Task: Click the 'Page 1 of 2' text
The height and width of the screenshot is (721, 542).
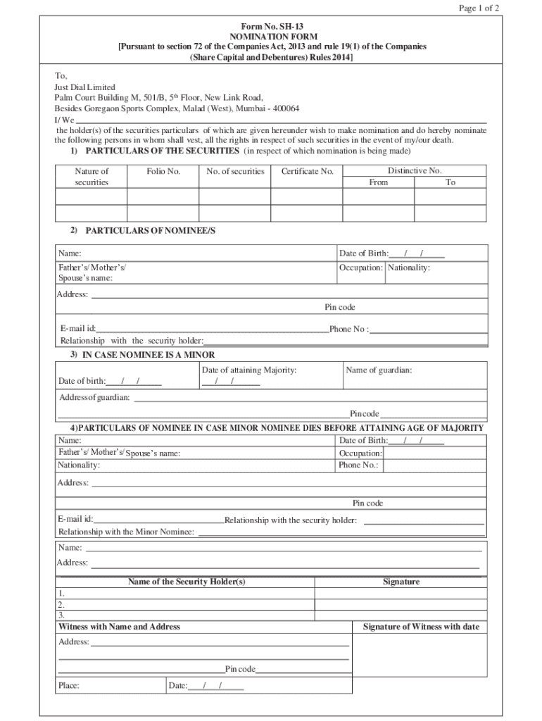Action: [x=479, y=8]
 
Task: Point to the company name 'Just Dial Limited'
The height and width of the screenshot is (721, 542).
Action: [x=85, y=87]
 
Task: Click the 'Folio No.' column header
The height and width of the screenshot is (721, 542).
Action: [x=163, y=171]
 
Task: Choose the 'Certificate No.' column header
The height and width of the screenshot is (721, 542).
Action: [x=307, y=171]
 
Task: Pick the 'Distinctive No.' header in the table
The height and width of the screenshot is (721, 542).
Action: [x=415, y=170]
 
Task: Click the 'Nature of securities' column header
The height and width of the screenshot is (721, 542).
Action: [x=92, y=177]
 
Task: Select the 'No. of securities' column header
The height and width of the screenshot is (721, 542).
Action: [x=235, y=171]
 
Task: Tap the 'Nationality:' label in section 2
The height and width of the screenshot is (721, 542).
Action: [x=409, y=268]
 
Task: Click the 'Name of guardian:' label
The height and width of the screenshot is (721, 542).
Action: [x=379, y=370]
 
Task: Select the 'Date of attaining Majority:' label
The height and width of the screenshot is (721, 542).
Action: [x=249, y=370]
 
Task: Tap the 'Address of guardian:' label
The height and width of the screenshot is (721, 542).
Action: [x=94, y=398]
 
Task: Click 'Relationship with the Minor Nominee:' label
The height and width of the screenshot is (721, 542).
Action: [x=127, y=532]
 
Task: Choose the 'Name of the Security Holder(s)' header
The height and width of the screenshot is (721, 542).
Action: [x=187, y=582]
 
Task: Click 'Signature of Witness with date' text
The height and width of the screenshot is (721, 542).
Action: [x=421, y=627]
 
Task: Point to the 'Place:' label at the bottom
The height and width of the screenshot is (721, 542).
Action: [x=69, y=685]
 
